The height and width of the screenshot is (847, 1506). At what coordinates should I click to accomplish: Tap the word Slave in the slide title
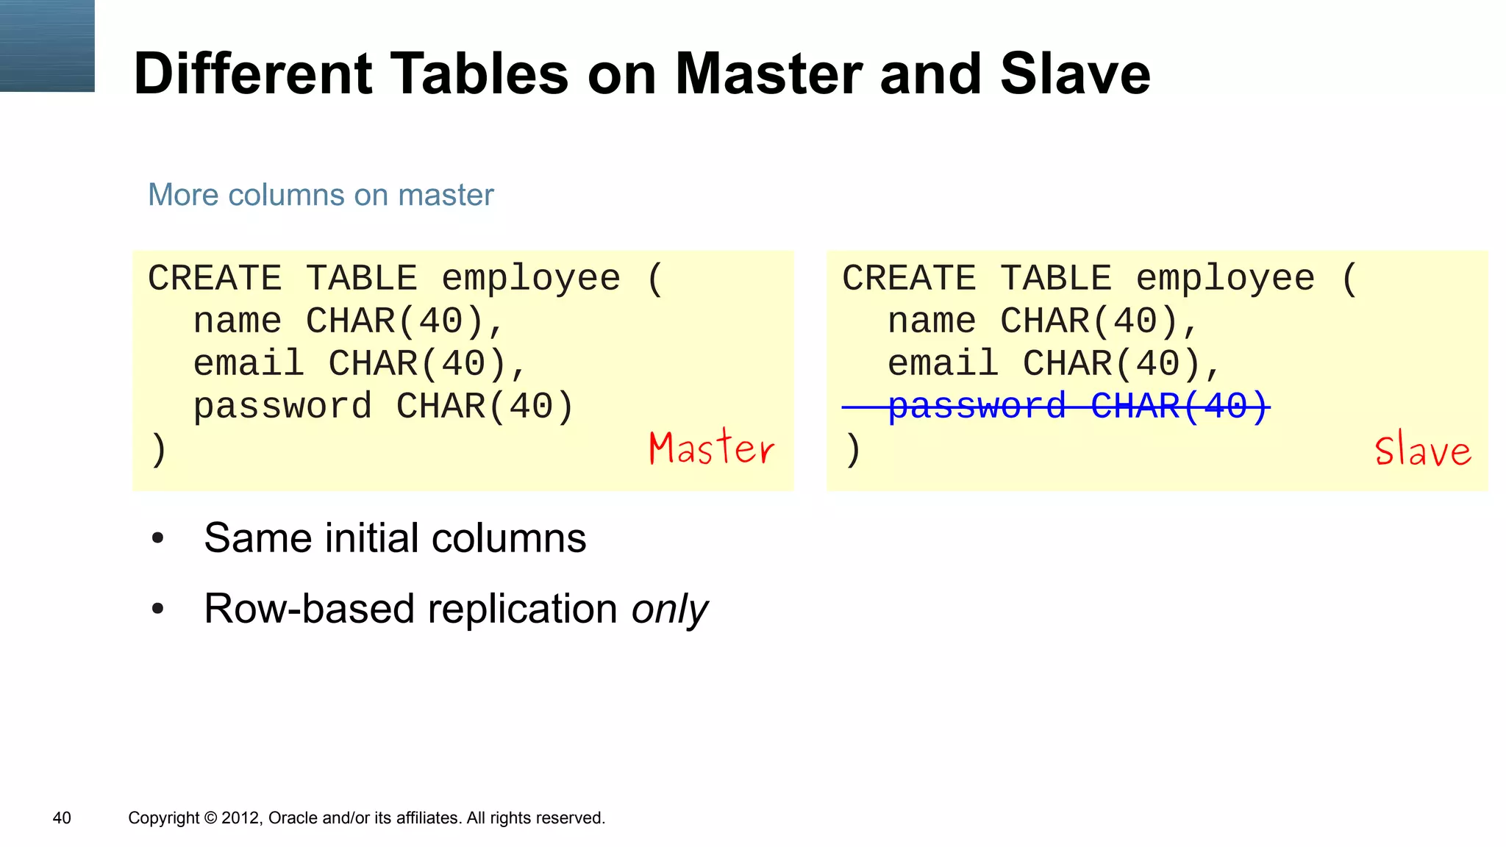pyautogui.click(x=1075, y=74)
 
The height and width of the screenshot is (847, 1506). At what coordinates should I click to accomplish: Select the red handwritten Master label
pyautogui.click(x=711, y=448)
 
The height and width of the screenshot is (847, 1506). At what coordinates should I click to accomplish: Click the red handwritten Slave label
pyautogui.click(x=1423, y=450)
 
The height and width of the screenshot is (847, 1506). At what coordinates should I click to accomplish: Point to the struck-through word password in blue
pyautogui.click(x=977, y=406)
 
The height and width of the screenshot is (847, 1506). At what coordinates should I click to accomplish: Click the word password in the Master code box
pyautogui.click(x=282, y=406)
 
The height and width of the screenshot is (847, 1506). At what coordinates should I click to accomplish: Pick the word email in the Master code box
pyautogui.click(x=249, y=363)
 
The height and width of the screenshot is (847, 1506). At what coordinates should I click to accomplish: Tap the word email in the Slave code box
pyautogui.click(x=943, y=363)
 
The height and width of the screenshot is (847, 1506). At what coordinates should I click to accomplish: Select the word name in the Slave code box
pyautogui.click(x=932, y=321)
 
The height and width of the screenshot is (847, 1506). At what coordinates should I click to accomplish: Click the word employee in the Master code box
pyautogui.click(x=531, y=278)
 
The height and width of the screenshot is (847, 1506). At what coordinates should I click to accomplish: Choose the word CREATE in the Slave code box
pyautogui.click(x=909, y=278)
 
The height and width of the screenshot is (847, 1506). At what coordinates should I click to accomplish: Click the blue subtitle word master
pyautogui.click(x=446, y=195)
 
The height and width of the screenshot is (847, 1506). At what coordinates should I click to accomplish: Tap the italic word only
pyautogui.click(x=669, y=609)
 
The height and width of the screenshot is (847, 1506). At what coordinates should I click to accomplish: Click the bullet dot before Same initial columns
pyautogui.click(x=157, y=538)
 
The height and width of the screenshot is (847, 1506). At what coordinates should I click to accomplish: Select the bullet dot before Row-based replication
pyautogui.click(x=157, y=609)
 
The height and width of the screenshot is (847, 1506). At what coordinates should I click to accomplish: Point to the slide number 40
pyautogui.click(x=62, y=818)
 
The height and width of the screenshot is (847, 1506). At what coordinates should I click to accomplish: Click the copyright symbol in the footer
pyautogui.click(x=210, y=818)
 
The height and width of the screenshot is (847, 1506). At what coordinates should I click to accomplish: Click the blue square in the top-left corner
pyautogui.click(x=47, y=46)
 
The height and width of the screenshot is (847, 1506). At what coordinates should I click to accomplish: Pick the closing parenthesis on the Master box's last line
pyautogui.click(x=159, y=449)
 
